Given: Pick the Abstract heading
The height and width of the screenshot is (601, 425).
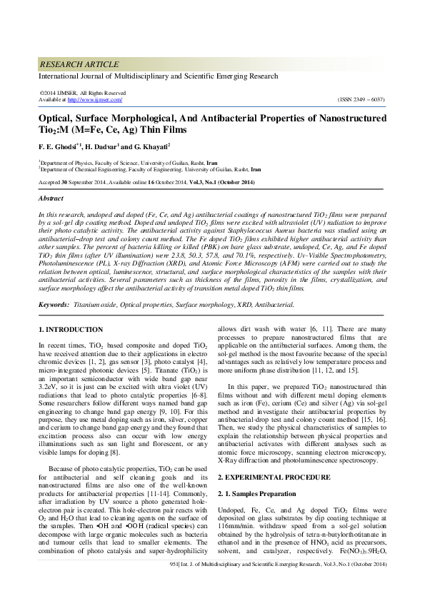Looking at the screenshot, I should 51,198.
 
